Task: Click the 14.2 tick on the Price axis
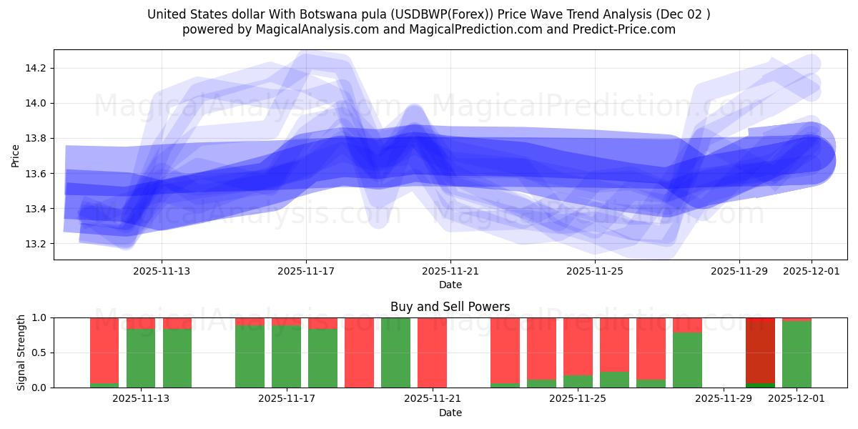(36, 68)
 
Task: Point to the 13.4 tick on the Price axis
(36, 209)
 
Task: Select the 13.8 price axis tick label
(36, 138)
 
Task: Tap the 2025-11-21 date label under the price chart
(450, 271)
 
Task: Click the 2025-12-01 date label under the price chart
(812, 271)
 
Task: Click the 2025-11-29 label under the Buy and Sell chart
(724, 398)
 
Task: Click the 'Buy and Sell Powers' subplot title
(450, 307)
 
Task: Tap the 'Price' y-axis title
(16, 156)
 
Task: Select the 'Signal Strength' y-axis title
(21, 352)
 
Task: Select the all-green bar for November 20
(395, 352)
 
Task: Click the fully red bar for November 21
(432, 352)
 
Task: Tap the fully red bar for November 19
(359, 352)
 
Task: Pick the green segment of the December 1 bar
(797, 355)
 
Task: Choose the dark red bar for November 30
(760, 350)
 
